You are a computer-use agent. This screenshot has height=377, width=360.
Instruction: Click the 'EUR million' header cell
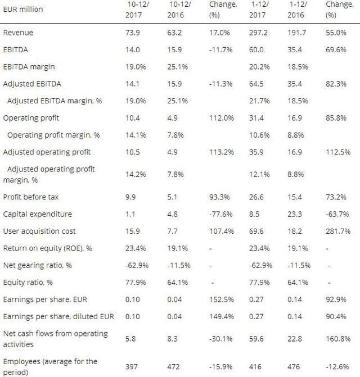coord(23,9)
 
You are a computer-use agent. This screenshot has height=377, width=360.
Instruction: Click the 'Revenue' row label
coord(19,33)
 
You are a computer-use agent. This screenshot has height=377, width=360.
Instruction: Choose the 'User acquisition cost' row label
coord(39,231)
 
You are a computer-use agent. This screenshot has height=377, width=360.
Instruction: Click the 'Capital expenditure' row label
coord(37,214)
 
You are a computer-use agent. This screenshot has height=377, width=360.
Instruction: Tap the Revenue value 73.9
coord(132,33)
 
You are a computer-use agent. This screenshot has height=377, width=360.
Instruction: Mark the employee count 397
coord(132,366)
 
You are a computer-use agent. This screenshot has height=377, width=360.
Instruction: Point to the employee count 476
coord(295,366)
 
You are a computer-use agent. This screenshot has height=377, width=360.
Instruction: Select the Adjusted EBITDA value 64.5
coord(256,84)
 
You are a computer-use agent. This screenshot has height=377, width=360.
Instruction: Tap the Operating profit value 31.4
coord(256,119)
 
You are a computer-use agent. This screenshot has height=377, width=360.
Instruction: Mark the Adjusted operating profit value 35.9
coord(256,152)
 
